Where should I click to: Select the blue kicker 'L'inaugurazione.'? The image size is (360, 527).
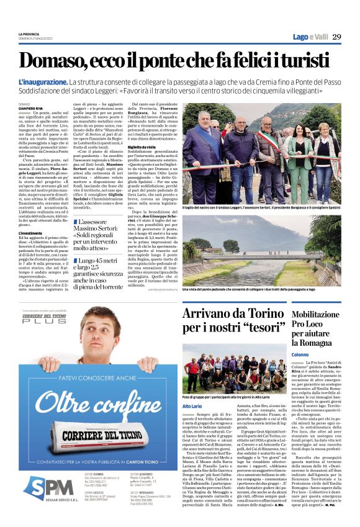42,82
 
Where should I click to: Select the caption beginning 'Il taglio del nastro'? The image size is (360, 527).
260,206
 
